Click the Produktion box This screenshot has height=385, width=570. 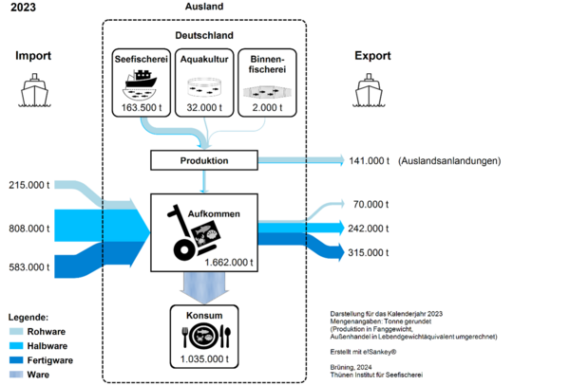tap(204, 160)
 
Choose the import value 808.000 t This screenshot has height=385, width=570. tap(29, 229)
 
